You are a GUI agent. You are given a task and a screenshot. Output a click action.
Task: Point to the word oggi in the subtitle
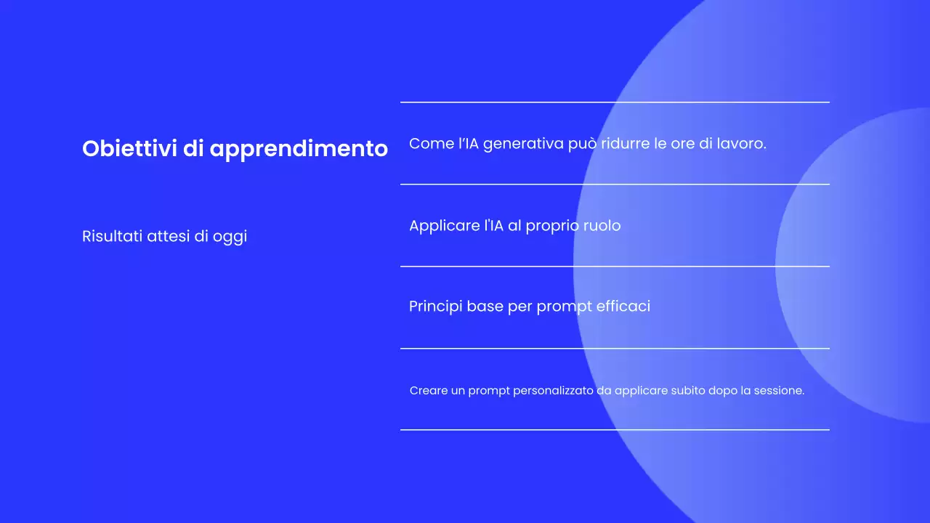pos(230,238)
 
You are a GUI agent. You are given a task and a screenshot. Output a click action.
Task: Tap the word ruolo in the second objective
pos(602,226)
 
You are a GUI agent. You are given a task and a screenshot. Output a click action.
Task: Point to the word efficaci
pos(623,307)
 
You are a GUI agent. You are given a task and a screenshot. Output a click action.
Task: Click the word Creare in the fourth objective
pos(428,391)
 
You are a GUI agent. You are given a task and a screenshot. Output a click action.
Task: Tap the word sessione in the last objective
pos(778,391)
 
